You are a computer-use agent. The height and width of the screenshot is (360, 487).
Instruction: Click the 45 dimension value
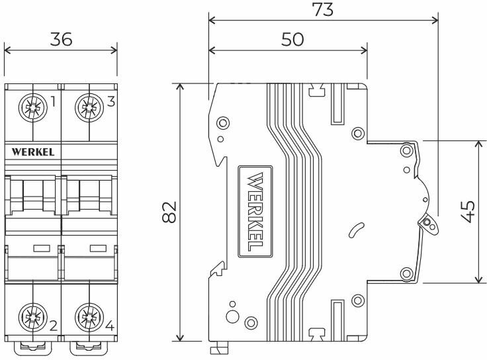(468, 212)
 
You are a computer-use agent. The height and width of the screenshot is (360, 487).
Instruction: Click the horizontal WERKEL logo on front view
(33, 152)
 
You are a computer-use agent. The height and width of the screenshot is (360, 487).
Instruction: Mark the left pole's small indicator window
(42, 248)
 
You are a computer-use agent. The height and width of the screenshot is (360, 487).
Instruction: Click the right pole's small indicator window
(98, 248)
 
